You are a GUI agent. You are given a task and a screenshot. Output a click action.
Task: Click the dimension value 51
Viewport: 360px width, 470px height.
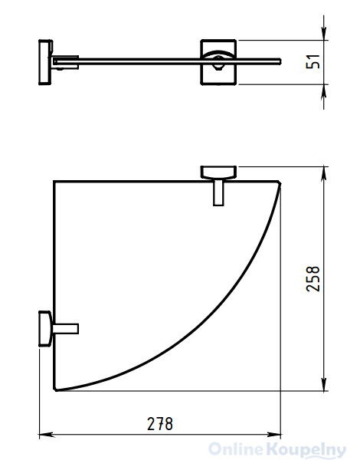pyautogui.click(x=313, y=62)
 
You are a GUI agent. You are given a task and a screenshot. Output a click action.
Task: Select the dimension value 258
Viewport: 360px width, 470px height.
pyautogui.click(x=313, y=278)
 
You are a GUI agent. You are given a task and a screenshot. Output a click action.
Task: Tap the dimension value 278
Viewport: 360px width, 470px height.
pyautogui.click(x=160, y=424)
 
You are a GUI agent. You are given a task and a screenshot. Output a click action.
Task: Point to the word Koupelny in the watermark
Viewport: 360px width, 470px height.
pyautogui.click(x=306, y=450)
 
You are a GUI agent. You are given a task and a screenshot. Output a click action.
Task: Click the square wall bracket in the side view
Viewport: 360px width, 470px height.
pyautogui.click(x=218, y=62)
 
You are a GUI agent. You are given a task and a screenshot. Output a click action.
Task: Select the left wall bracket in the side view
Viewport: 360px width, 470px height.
pyautogui.click(x=45, y=62)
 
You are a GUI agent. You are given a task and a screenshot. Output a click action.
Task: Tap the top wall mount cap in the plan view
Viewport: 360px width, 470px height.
pyautogui.click(x=218, y=173)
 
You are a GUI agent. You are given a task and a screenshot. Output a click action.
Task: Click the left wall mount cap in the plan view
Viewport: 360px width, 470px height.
pyautogui.click(x=45, y=329)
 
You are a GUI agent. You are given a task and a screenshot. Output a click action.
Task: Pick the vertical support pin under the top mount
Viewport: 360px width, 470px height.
pyautogui.click(x=218, y=192)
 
